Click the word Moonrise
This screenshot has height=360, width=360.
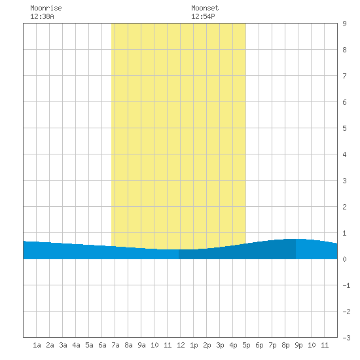pyautogui.click(x=46, y=8)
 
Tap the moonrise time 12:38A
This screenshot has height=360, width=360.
pyautogui.click(x=42, y=16)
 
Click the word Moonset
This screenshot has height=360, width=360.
pyautogui.click(x=205, y=8)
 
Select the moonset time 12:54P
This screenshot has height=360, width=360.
pyautogui.click(x=203, y=16)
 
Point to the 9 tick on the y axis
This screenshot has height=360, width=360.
pyautogui.click(x=344, y=24)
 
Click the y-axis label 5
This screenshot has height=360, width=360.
pyautogui.click(x=344, y=128)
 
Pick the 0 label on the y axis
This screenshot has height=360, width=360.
pyautogui.click(x=344, y=259)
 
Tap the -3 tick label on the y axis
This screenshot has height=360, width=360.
pyautogui.click(x=346, y=338)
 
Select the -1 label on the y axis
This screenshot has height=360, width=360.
pyautogui.click(x=346, y=285)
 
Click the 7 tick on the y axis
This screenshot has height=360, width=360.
pyautogui.click(x=344, y=76)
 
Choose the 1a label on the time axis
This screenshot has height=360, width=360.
pyautogui.click(x=37, y=345)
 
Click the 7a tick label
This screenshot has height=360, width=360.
pyautogui.click(x=115, y=345)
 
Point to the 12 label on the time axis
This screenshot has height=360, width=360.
pyautogui.click(x=181, y=345)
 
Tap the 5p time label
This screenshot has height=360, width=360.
pyautogui.click(x=246, y=345)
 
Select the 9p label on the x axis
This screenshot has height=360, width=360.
pyautogui.click(x=298, y=345)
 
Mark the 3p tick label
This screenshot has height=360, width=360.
pyautogui.click(x=220, y=345)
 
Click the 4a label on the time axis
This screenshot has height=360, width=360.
pyautogui.click(x=76, y=345)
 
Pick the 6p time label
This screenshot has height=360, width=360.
pyautogui.click(x=259, y=345)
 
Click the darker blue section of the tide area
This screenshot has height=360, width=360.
pyautogui.click(x=237, y=251)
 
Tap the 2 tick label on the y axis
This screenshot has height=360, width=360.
pyautogui.click(x=344, y=207)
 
